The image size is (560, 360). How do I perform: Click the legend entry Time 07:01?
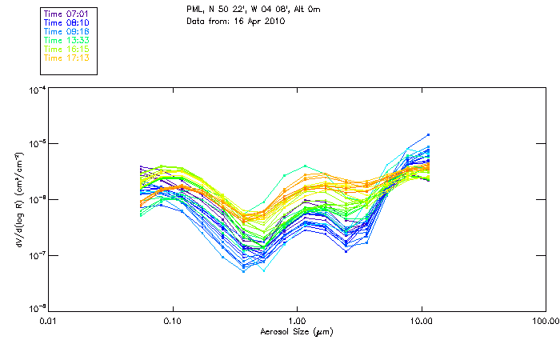point(68,14)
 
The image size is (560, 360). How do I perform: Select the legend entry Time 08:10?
point(68,22)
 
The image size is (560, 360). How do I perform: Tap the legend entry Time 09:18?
point(68,31)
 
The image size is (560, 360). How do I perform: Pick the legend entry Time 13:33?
point(68,40)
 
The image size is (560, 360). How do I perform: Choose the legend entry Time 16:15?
point(68,49)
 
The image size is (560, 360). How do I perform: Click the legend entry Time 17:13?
point(68,58)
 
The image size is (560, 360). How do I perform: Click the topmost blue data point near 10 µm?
point(429,134)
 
